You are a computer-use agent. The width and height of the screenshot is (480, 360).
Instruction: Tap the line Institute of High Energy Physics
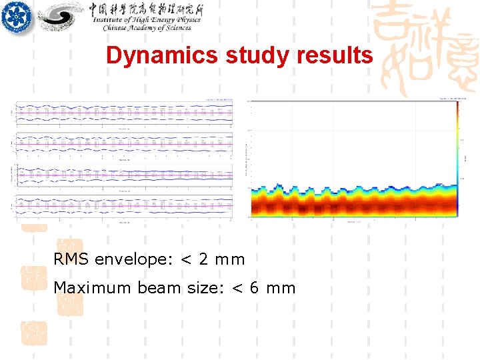click(x=146, y=20)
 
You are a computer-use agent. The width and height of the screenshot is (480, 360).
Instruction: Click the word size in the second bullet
click(x=202, y=288)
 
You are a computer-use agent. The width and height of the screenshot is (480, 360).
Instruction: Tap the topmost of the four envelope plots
click(x=123, y=114)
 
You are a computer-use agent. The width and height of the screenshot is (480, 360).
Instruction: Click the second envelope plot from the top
click(x=123, y=143)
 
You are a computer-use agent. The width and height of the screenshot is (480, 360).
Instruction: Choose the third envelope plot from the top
click(x=123, y=175)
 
